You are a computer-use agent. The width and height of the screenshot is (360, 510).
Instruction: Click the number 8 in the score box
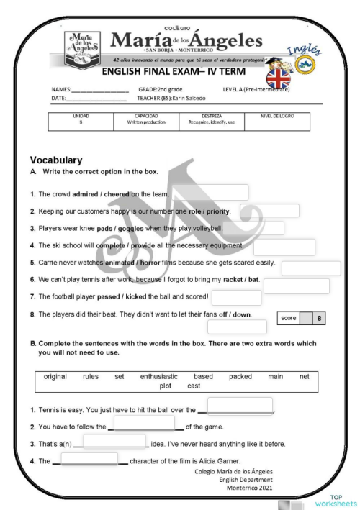[318, 317]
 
